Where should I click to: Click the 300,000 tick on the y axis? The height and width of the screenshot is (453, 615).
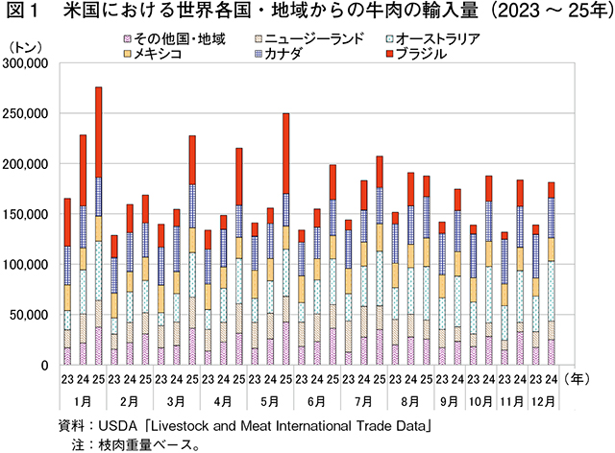(x=26, y=63)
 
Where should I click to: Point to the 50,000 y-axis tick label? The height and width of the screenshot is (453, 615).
(x=30, y=314)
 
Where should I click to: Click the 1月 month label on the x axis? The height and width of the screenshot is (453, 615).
(x=83, y=398)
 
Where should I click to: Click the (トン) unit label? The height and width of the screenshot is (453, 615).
(x=26, y=45)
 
